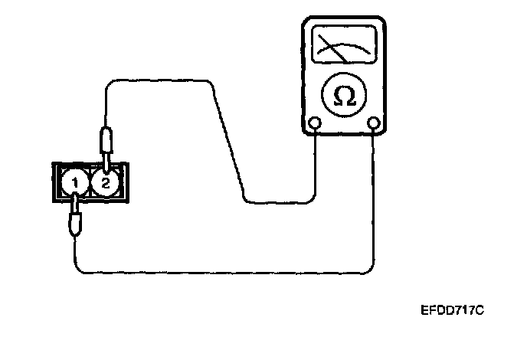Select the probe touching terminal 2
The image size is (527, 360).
[106, 146]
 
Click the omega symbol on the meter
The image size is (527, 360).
[345, 96]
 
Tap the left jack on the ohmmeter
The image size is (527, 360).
[315, 123]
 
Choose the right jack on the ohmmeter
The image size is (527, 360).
[374, 123]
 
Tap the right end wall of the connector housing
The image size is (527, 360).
[127, 182]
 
